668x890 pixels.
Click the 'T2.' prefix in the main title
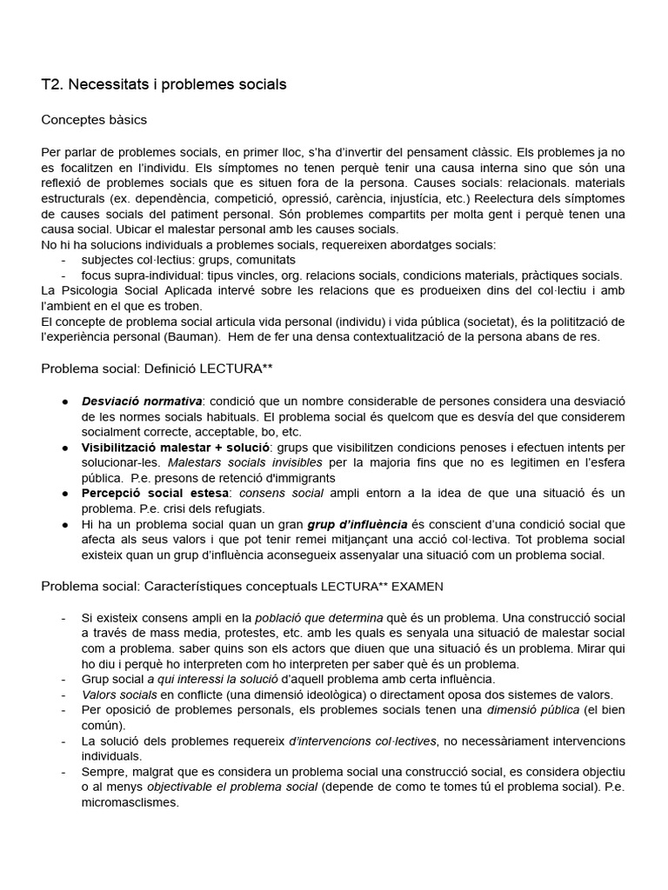point(52,84)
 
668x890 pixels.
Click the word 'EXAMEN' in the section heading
point(417,586)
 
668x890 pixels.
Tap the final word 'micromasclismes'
point(130,802)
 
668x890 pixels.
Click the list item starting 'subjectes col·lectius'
point(188,259)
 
